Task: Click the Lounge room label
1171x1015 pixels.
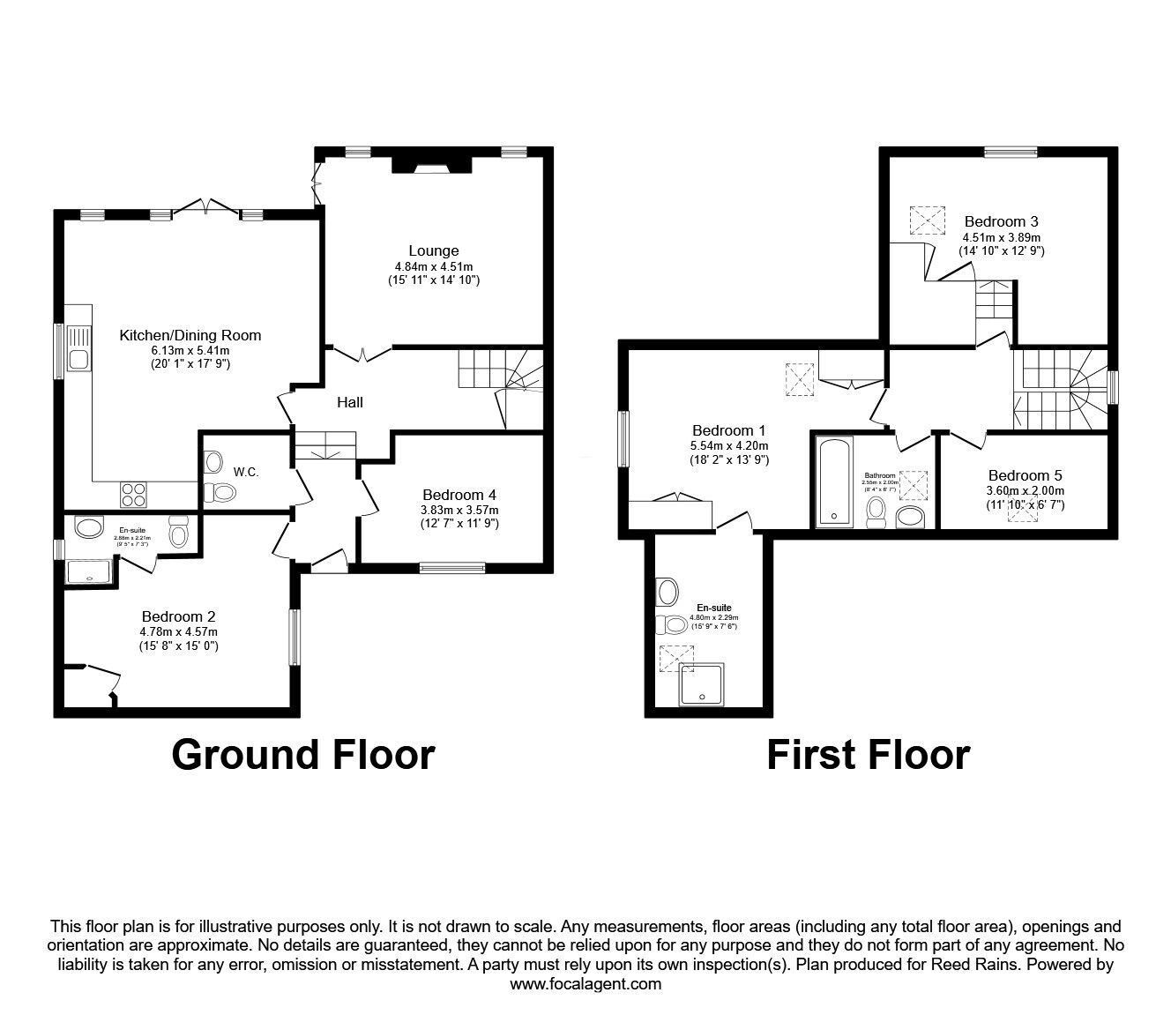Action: (x=433, y=251)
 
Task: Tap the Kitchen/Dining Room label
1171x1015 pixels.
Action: (x=190, y=335)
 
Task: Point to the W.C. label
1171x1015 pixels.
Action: (x=246, y=472)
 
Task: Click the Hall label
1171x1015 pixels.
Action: (x=350, y=402)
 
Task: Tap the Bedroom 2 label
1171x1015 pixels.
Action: (x=178, y=616)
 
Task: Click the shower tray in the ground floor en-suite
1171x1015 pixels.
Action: (x=91, y=571)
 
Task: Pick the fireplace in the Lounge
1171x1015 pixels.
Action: (x=431, y=164)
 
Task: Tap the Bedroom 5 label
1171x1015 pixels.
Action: (x=1025, y=475)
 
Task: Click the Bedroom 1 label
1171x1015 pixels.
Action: (x=728, y=430)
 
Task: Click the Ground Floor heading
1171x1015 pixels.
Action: (x=302, y=756)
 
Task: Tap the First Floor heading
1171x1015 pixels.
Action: (x=868, y=756)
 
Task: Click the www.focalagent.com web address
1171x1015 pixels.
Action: (x=585, y=984)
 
